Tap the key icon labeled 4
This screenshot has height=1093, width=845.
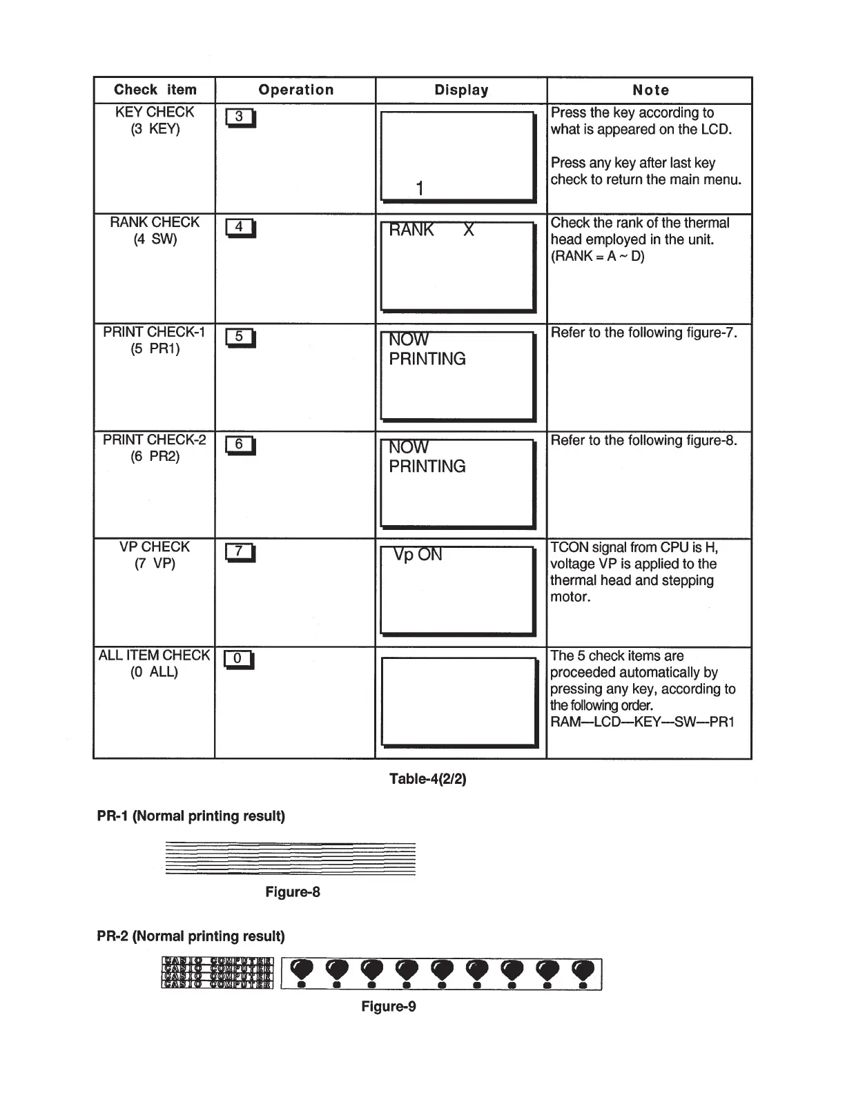point(240,227)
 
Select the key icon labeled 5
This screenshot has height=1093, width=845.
point(240,337)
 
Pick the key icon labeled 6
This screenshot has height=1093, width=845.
point(240,445)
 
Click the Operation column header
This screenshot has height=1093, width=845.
point(295,90)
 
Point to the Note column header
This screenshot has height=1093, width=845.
point(650,90)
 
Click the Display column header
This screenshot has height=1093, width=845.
point(461,90)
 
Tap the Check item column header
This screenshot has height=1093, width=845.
point(155,90)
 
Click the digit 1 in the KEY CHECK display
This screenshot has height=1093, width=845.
point(420,188)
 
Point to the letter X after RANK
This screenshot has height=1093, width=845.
point(469,230)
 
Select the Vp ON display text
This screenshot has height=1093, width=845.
point(418,555)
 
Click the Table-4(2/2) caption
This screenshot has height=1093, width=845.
point(428,779)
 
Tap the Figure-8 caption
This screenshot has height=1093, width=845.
point(293,892)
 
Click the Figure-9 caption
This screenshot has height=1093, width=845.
point(389,1006)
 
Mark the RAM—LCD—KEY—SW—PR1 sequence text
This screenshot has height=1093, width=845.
point(642,722)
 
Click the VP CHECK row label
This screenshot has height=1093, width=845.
point(155,547)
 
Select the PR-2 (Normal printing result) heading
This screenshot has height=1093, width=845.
point(191,936)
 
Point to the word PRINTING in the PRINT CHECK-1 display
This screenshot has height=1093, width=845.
point(427,360)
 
